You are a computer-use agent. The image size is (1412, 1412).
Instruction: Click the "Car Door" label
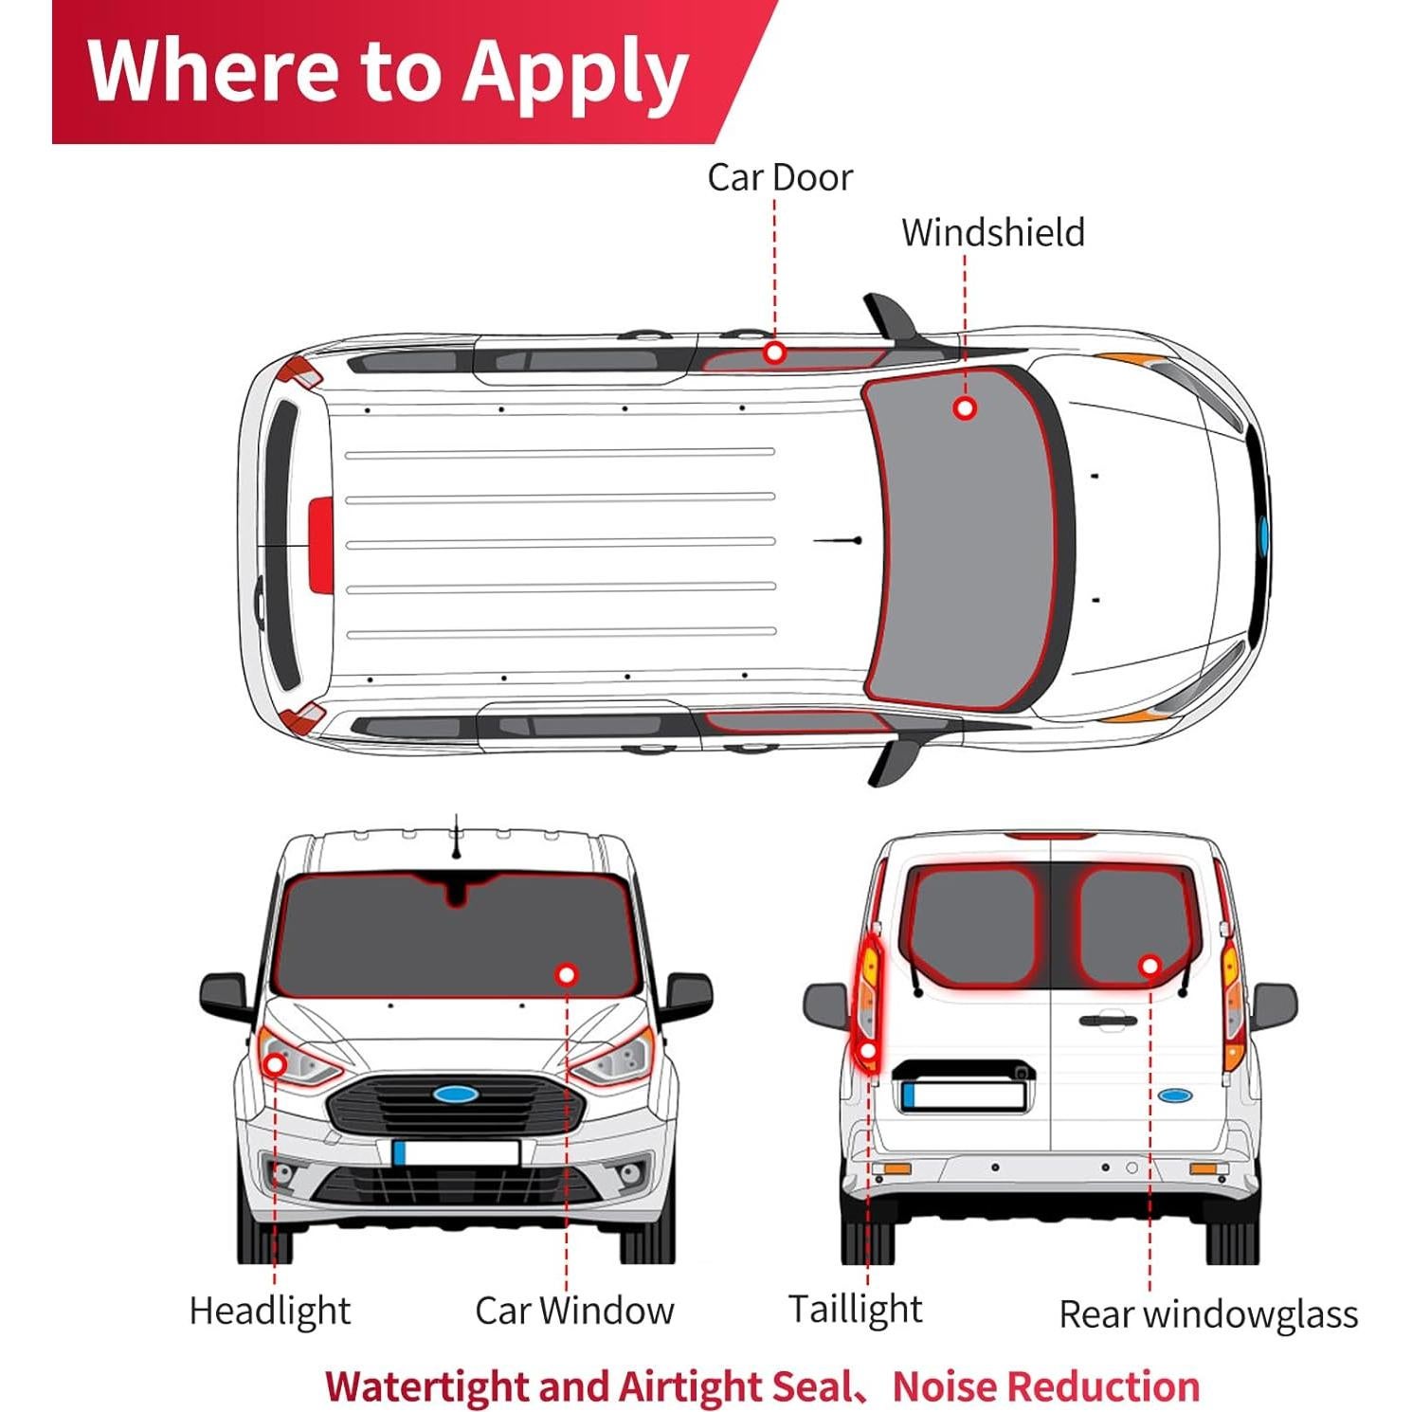(779, 177)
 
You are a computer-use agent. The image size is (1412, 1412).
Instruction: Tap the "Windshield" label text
(992, 232)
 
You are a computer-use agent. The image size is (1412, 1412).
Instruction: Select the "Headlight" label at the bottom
(270, 1311)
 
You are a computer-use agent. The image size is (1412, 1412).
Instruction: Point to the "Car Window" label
(574, 1311)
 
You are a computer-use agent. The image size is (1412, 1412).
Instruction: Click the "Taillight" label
(855, 1309)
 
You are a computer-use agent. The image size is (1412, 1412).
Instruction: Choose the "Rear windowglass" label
(1208, 1314)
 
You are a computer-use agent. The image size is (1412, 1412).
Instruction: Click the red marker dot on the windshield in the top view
(965, 408)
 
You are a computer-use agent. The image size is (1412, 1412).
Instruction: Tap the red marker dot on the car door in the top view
(775, 353)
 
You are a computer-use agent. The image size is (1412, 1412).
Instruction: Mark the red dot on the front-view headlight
(275, 1064)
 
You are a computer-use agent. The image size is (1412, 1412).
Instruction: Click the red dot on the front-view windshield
(567, 974)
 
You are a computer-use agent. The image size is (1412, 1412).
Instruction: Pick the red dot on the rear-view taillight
(867, 1050)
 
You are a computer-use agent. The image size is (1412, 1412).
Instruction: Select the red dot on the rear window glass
(1150, 966)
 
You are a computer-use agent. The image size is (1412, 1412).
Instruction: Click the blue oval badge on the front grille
(456, 1095)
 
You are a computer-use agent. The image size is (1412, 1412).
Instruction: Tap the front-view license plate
(456, 1152)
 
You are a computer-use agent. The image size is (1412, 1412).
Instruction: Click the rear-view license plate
(964, 1095)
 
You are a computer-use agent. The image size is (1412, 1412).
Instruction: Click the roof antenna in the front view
(457, 838)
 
